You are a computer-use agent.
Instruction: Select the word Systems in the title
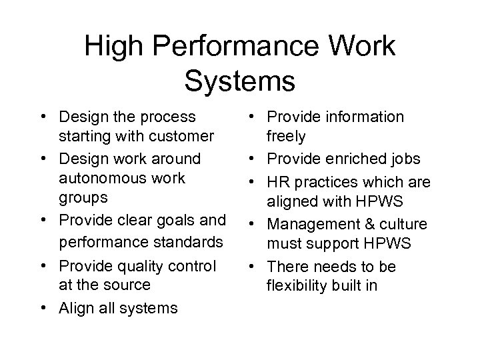point(239,80)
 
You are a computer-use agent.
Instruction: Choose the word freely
point(287,137)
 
